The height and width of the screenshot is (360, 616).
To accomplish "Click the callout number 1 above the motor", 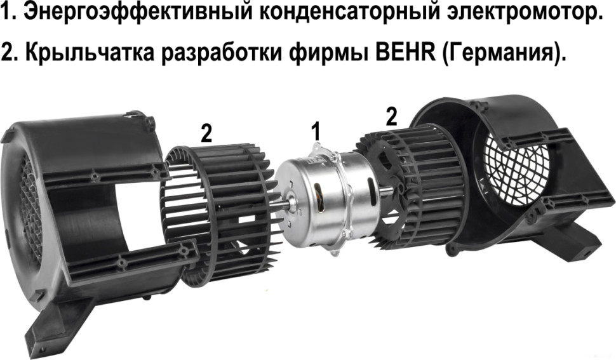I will (316, 132).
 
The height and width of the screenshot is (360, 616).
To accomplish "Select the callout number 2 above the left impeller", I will (206, 133).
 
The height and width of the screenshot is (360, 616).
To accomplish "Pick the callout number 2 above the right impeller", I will (392, 116).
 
